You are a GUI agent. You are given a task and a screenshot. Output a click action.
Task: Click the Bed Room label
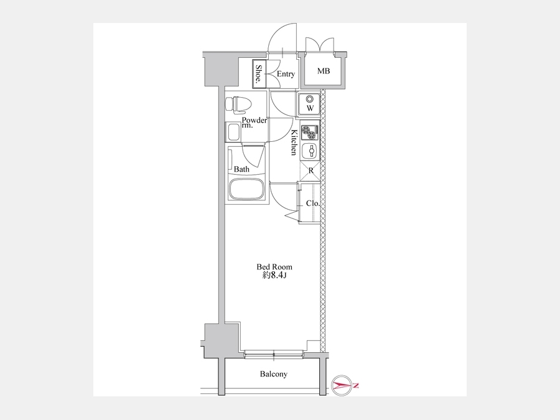(274, 267)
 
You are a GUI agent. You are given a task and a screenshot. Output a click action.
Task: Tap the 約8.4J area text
(274, 276)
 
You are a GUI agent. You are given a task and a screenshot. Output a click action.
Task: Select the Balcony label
(274, 374)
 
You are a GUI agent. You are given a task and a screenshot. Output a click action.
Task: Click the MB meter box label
(324, 71)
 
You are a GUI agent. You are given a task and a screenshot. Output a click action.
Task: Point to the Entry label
(286, 74)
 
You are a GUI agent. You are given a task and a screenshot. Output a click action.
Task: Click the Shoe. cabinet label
(258, 75)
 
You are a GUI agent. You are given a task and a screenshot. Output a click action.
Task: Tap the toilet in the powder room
(238, 104)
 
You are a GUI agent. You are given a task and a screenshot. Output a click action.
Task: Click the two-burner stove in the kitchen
(310, 132)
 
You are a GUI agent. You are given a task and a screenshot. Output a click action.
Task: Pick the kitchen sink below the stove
(310, 151)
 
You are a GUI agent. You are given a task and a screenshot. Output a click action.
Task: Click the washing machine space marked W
(309, 104)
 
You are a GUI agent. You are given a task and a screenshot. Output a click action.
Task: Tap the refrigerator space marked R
(310, 171)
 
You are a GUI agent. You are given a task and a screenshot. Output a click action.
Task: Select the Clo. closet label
(313, 203)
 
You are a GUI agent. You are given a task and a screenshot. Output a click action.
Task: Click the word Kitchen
(294, 142)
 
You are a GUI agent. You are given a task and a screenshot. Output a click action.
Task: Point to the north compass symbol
(342, 385)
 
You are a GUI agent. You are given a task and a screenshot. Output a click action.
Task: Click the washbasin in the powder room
(233, 132)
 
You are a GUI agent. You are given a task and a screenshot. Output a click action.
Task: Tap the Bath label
(241, 169)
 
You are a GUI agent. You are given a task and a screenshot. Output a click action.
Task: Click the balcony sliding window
(274, 355)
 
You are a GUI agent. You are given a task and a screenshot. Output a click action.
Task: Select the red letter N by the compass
(356, 385)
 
